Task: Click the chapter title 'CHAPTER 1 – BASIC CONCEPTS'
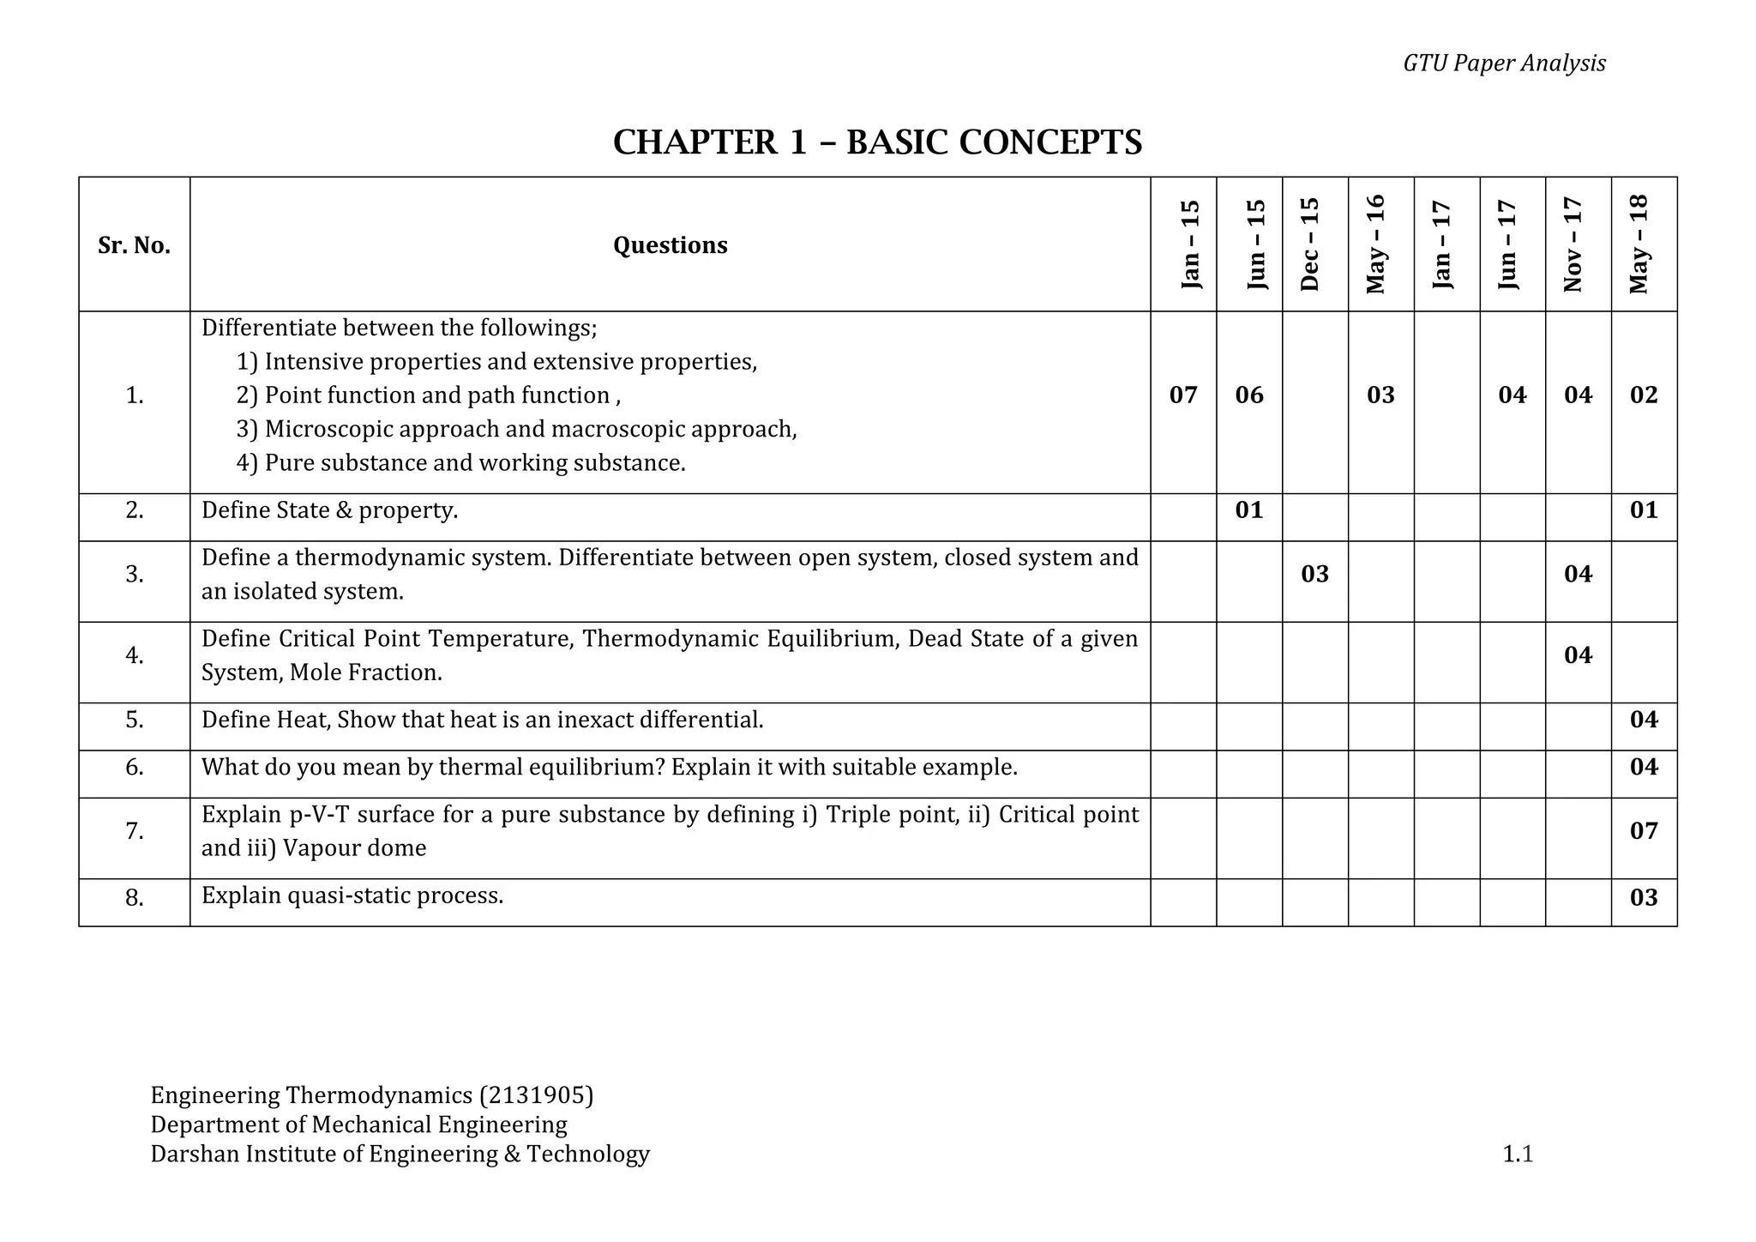coord(877,142)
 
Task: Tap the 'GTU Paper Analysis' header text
coord(1504,63)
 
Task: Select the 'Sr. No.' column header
coord(134,246)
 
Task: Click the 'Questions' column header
coord(670,245)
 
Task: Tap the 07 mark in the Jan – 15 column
coord(1182,395)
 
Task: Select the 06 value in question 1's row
coord(1248,395)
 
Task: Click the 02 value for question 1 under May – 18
coord(1643,395)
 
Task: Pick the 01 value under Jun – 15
coord(1248,510)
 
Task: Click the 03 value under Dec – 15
coord(1314,574)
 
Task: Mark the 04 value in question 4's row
coord(1578,655)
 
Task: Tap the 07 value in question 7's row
coord(1643,830)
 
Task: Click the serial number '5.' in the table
coord(134,720)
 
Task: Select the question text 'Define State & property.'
coord(329,510)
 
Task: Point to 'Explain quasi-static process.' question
coord(352,895)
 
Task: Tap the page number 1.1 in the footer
coord(1517,1155)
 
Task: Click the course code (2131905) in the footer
coord(536,1095)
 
